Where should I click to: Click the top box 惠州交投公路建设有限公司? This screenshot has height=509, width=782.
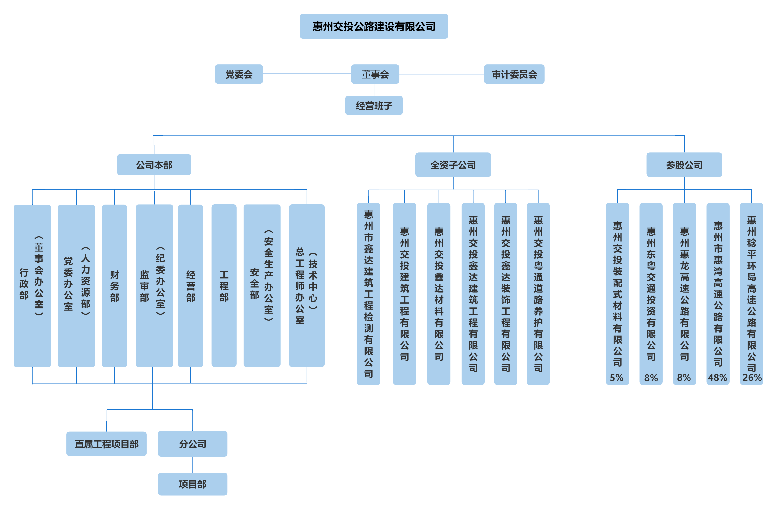tap(374, 26)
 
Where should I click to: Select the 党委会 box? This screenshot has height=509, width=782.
tap(239, 74)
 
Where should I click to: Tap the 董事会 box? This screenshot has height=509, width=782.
tap(375, 74)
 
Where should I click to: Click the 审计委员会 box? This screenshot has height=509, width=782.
tap(514, 74)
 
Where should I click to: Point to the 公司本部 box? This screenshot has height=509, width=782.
tap(154, 165)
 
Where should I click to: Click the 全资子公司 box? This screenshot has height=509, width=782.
tap(453, 165)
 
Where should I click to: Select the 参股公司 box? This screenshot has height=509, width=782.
tap(684, 165)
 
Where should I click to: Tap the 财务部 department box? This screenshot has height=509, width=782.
tap(114, 285)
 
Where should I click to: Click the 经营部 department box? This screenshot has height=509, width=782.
tap(191, 285)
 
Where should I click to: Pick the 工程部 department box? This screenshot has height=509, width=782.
tap(224, 285)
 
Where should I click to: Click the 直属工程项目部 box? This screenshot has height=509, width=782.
tap(107, 444)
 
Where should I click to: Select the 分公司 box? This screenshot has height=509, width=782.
tap(193, 444)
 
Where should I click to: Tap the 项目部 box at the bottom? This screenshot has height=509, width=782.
tap(193, 484)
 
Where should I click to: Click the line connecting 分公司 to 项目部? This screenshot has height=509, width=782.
tap(193, 465)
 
